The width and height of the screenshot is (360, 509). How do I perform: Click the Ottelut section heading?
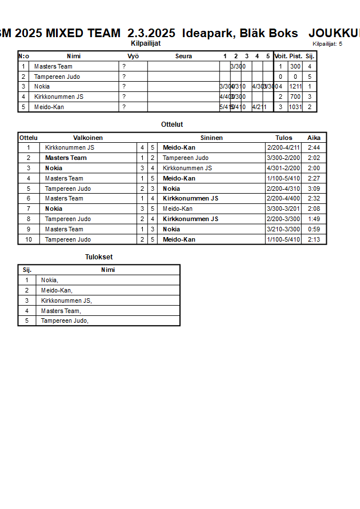pyautogui.click(x=172, y=124)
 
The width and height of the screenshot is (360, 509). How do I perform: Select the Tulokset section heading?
pyautogui.click(x=99, y=257)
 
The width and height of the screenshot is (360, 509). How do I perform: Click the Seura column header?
pyautogui.click(x=183, y=56)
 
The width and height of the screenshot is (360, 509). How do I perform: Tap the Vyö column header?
pyautogui.click(x=133, y=56)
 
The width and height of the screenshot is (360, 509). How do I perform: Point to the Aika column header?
pyautogui.click(x=314, y=138)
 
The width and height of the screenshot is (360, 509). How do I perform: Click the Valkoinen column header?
pyautogui.click(x=88, y=138)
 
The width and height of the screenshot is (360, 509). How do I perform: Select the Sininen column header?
pyautogui.click(x=211, y=138)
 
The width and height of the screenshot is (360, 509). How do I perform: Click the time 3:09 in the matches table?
pyautogui.click(x=314, y=189)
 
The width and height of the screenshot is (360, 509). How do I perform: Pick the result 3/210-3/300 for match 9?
pyautogui.click(x=283, y=229)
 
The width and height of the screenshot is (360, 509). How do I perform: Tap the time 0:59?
pyautogui.click(x=314, y=229)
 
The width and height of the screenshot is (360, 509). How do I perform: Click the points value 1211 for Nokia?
pyautogui.click(x=295, y=87)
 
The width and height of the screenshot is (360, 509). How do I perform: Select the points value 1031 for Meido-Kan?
pyautogui.click(x=295, y=107)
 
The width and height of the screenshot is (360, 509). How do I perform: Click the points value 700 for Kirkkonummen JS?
pyautogui.click(x=295, y=97)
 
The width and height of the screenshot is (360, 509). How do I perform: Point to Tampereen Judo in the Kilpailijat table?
pyautogui.click(x=57, y=77)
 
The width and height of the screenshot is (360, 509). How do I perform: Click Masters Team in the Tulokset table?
pyautogui.click(x=61, y=311)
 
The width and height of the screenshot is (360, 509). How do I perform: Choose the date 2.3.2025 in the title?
pyautogui.click(x=151, y=34)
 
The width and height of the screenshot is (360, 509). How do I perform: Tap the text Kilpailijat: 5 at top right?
pyautogui.click(x=327, y=43)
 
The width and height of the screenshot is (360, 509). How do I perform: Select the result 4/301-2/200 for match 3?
pyautogui.click(x=283, y=168)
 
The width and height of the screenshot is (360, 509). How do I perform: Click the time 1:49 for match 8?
pyautogui.click(x=314, y=219)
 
